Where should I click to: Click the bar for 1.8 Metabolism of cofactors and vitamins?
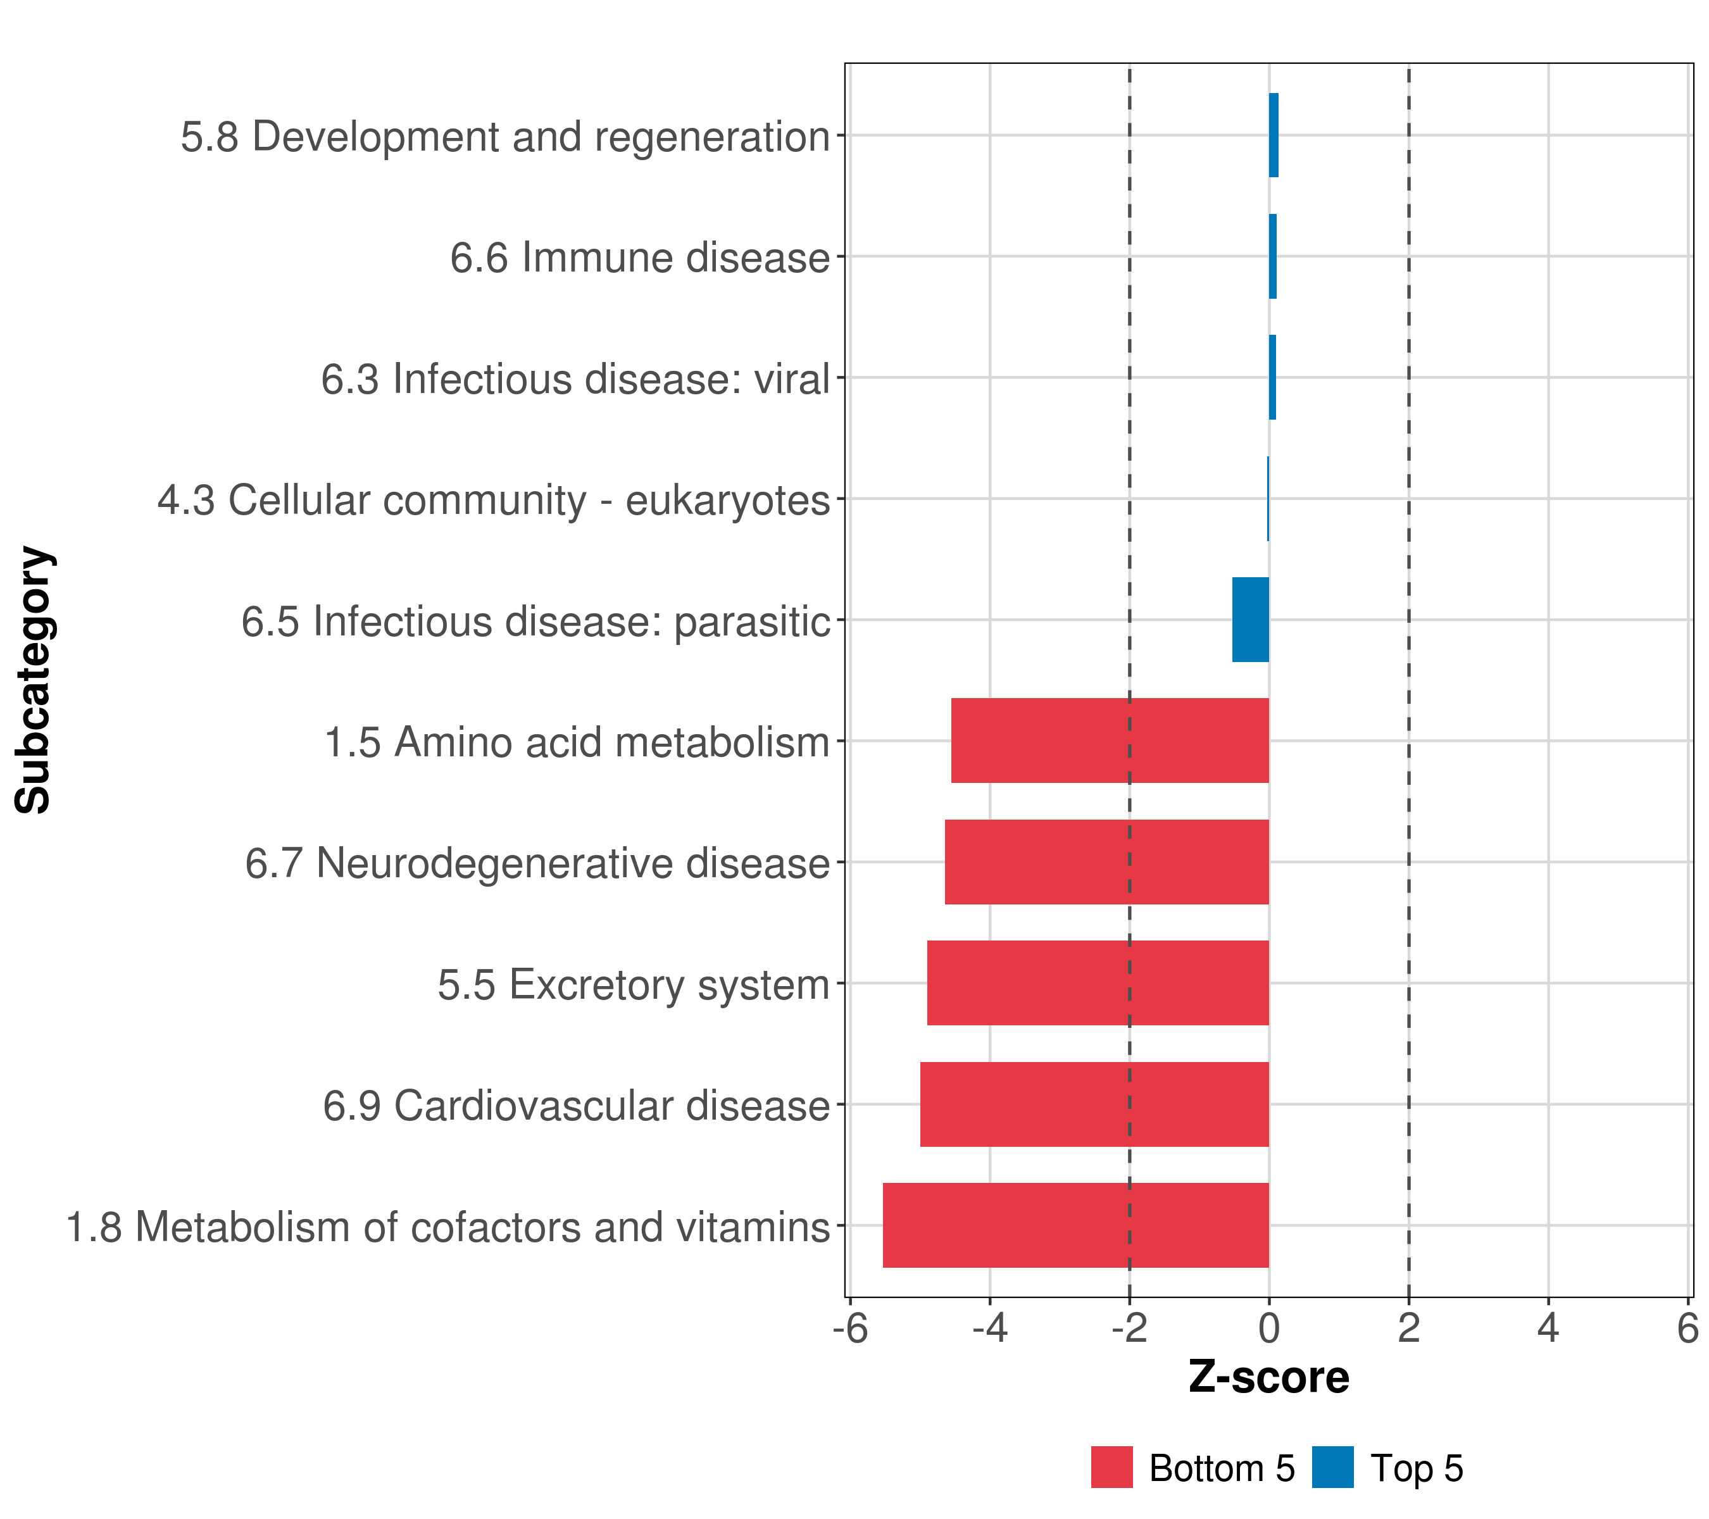1075,1225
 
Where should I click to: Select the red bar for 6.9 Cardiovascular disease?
1094,1104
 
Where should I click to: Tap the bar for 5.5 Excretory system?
1097,982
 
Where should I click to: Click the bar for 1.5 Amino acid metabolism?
1110,740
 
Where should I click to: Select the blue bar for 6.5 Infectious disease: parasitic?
1250,620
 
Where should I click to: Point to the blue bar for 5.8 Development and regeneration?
1274,135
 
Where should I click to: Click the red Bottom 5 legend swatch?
1111,1466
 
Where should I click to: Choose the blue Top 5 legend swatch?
1332,1466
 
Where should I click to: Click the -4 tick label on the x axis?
989,1328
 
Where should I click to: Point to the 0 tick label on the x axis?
1268,1328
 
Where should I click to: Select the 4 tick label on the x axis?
1548,1328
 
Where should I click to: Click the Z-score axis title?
1268,1377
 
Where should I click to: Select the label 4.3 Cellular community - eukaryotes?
493,500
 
